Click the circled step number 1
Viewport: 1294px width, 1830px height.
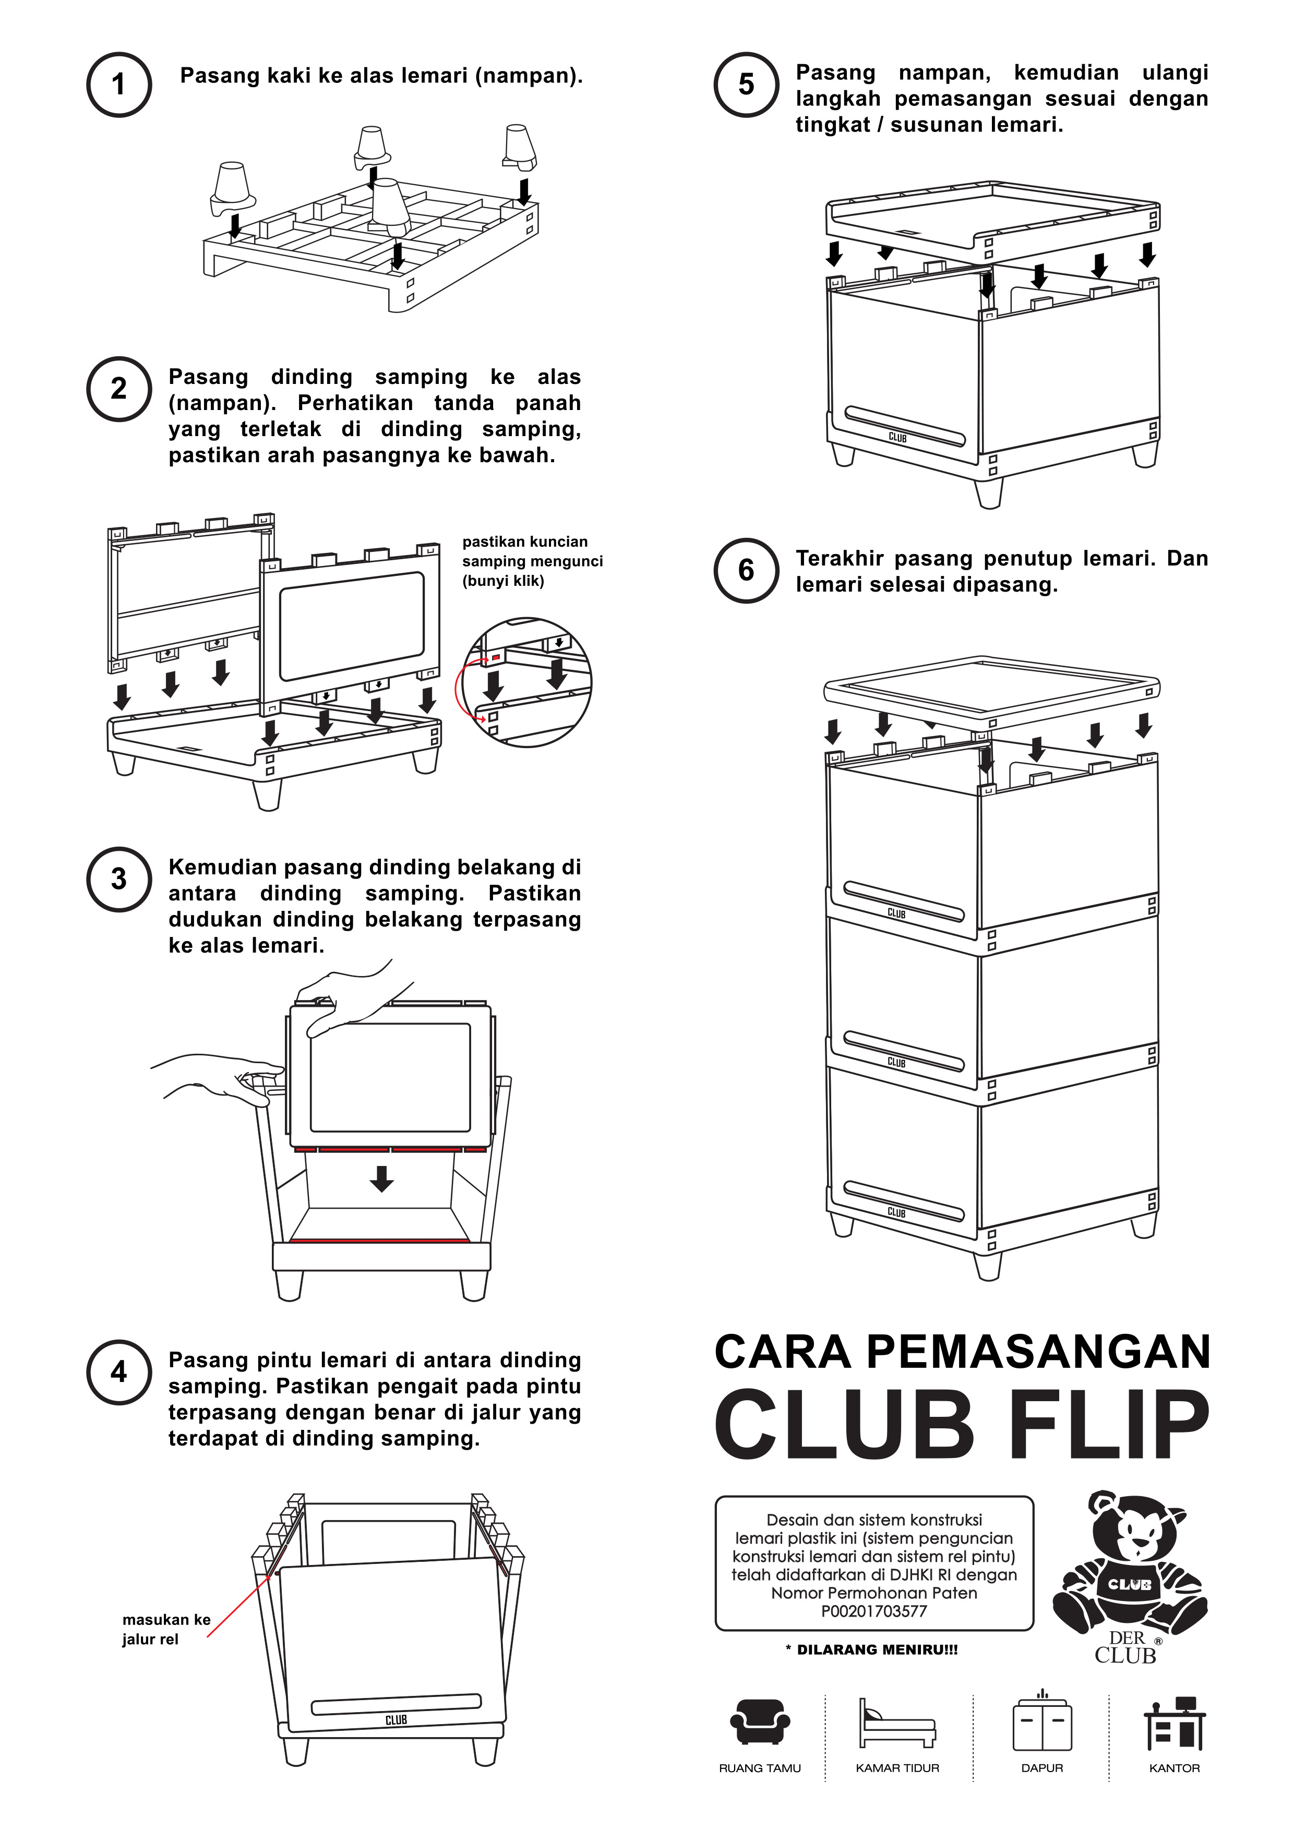[119, 85]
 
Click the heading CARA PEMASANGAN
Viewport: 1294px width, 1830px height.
[962, 1352]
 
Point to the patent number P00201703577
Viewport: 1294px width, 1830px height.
[874, 1611]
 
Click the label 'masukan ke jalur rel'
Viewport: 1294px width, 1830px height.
[166, 1629]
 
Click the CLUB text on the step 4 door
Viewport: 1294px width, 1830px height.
[396, 1720]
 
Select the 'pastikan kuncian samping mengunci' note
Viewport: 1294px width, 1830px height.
[532, 561]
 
